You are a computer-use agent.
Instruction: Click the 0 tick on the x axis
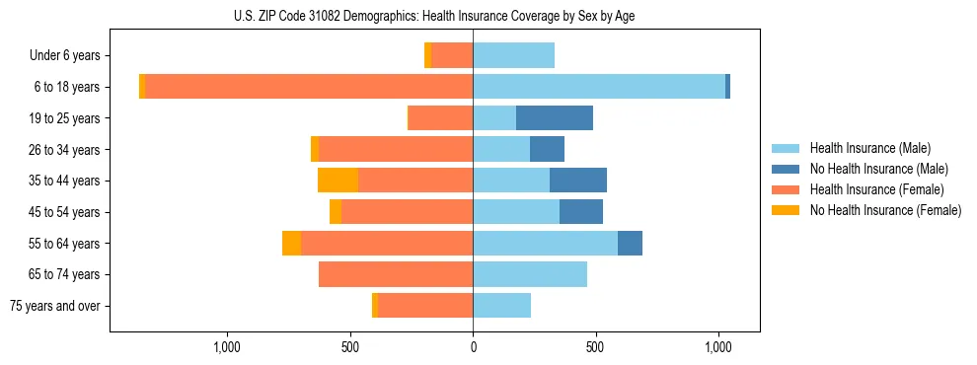[x=473, y=347]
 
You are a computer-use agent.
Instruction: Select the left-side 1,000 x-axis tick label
[x=227, y=347]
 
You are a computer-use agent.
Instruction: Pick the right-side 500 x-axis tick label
[x=595, y=347]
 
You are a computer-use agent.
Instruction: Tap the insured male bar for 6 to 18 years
[x=599, y=87]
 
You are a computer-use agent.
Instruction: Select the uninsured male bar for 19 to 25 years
[x=555, y=118]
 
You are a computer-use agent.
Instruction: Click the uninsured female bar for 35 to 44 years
[x=338, y=181]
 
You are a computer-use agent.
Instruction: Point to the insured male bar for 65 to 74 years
[x=530, y=274]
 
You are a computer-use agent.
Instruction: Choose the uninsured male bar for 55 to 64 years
[x=630, y=243]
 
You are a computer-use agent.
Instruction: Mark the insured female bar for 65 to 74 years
[x=396, y=274]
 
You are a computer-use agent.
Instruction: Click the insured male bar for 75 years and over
[x=501, y=306]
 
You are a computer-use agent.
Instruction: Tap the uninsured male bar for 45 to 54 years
[x=581, y=212]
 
